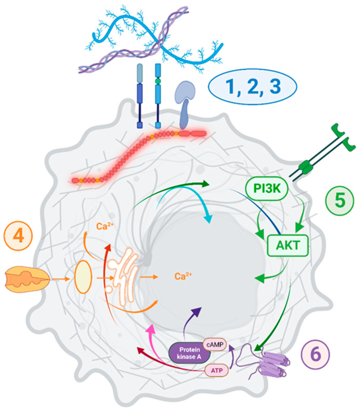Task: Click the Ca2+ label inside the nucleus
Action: coord(184,277)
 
